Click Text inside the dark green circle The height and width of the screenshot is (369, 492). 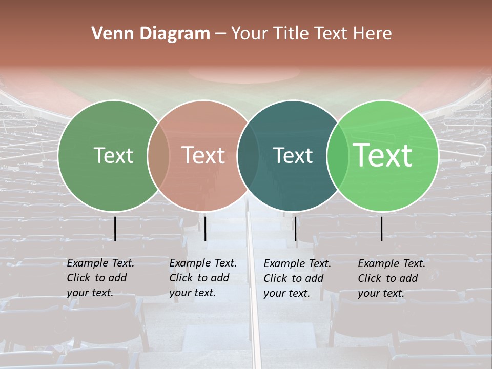click(x=113, y=155)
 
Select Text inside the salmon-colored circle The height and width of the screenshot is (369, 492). click(x=203, y=155)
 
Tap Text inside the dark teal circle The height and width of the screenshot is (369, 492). click(x=293, y=155)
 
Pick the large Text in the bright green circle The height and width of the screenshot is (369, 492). click(x=383, y=155)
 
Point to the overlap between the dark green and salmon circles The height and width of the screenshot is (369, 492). click(x=158, y=155)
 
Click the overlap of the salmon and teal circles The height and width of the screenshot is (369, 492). click(x=248, y=155)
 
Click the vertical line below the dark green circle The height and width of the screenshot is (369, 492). click(x=115, y=229)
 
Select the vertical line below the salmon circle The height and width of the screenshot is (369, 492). click(x=205, y=229)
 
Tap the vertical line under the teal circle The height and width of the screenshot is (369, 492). click(x=295, y=229)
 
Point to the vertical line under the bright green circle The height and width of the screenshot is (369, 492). click(x=382, y=229)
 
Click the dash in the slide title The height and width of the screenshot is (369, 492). click(x=220, y=34)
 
